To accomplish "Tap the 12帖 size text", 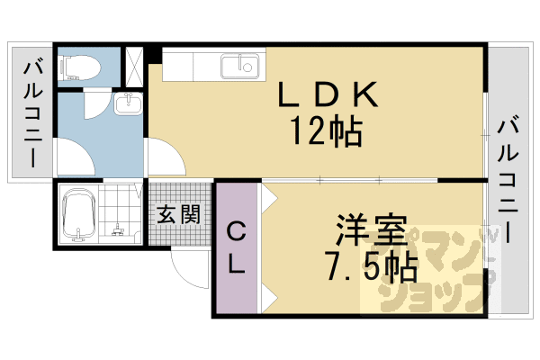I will click(x=325, y=132).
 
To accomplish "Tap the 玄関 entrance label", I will click(x=181, y=215).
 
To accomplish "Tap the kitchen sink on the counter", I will click(x=240, y=65).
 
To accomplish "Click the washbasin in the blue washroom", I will click(x=129, y=103).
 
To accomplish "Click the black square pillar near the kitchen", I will click(x=155, y=53).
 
